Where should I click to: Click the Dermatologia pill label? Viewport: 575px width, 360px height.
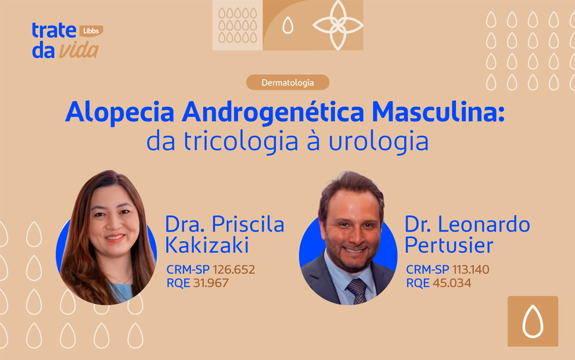[x=287, y=82]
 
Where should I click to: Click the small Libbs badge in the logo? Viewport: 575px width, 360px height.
[x=92, y=30]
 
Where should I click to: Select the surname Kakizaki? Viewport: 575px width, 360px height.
[x=207, y=245]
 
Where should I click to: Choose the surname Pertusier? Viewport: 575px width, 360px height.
[x=448, y=245]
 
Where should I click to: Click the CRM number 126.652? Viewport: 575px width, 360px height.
[x=234, y=270]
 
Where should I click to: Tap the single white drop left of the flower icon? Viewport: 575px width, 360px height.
[x=287, y=25]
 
